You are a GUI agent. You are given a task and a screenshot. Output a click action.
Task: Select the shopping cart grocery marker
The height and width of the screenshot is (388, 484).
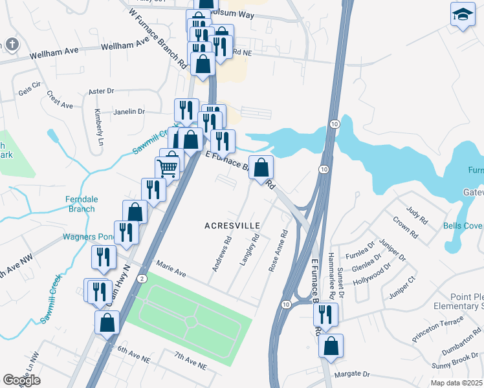point(167,168)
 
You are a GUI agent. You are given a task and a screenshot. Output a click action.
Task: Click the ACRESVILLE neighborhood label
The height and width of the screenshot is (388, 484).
point(232,226)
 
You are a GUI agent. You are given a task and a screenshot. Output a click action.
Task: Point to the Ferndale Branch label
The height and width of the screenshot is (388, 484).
point(81,204)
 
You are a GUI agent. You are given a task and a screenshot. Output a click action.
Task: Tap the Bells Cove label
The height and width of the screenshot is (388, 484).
point(462,226)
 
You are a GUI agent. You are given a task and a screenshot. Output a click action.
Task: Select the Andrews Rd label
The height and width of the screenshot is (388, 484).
point(220,253)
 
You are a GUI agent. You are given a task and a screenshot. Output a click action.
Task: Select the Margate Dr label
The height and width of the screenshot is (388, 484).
point(352,374)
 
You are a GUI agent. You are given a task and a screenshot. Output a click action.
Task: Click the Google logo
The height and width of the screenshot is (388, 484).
point(22,380)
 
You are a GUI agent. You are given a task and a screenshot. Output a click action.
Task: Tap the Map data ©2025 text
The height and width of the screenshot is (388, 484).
point(456,383)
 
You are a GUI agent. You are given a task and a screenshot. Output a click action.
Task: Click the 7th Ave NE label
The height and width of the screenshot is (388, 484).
point(190,361)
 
